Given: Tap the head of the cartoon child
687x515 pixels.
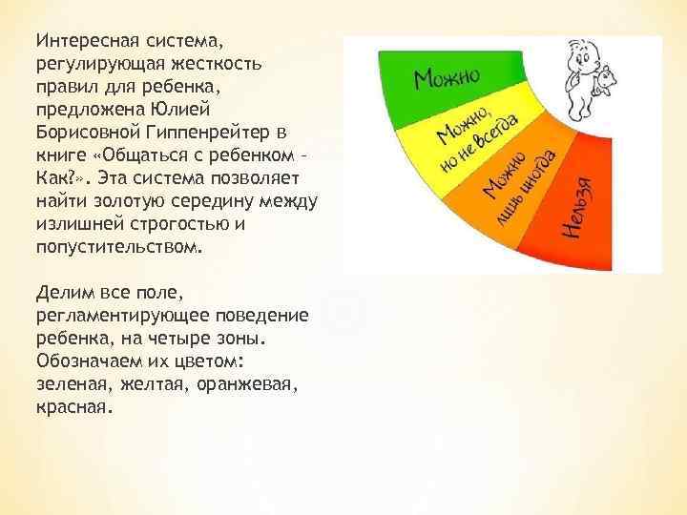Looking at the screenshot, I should click(581, 53).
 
